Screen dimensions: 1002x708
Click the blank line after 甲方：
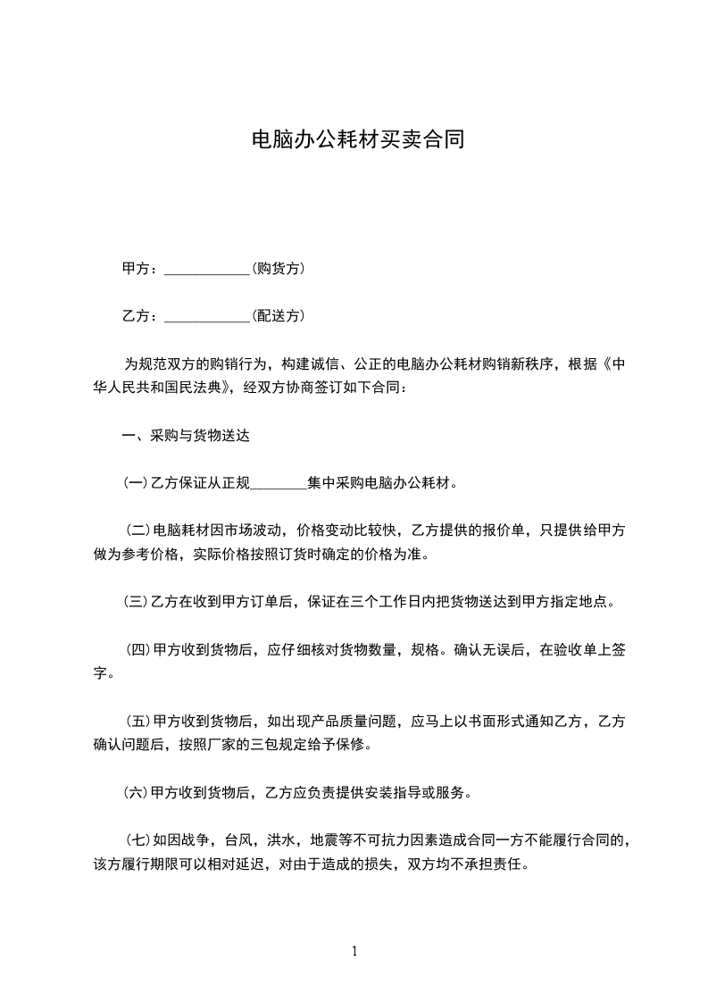(x=208, y=270)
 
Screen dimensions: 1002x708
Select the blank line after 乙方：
(x=208, y=316)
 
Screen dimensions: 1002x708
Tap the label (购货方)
(x=279, y=268)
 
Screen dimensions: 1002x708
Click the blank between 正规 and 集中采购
(x=279, y=486)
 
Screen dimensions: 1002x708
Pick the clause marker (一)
(x=135, y=484)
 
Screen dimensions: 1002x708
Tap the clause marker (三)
(x=135, y=601)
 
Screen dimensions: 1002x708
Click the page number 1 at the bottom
(x=354, y=951)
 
